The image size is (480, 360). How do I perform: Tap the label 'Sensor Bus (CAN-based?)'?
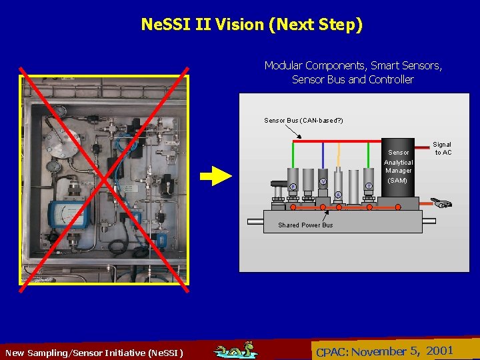coord(303,121)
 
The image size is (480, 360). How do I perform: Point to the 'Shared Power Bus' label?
coord(305,225)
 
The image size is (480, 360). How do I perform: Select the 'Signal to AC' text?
coord(443,149)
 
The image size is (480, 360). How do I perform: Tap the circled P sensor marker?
coord(293,187)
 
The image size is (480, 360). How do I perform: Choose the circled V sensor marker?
coord(323,181)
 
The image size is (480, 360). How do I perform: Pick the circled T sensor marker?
coord(369,186)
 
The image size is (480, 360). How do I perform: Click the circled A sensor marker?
coord(338,195)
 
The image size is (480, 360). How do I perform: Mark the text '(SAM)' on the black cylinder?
coord(397,181)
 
